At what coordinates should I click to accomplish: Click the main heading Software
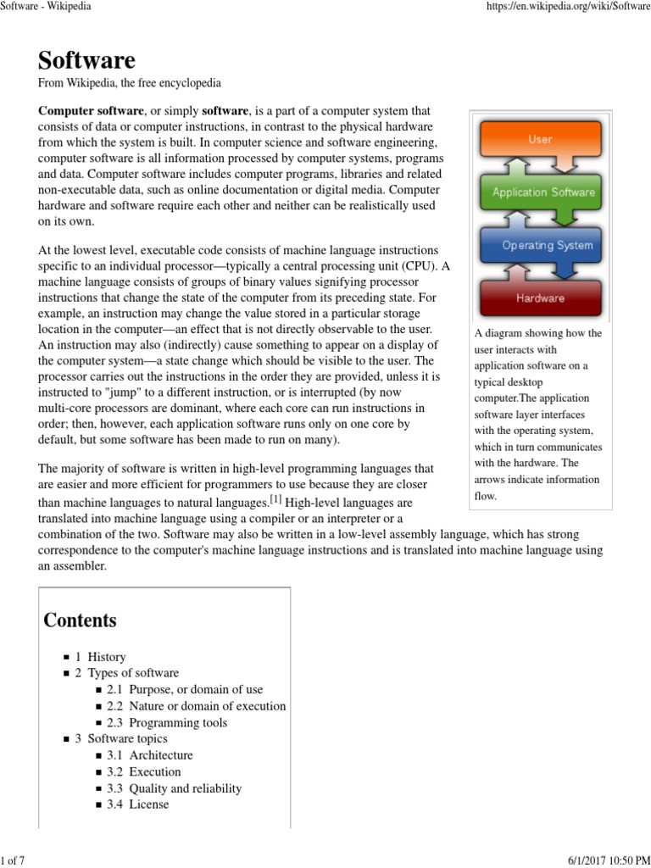click(x=86, y=60)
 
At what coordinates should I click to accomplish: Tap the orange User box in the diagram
click(x=540, y=140)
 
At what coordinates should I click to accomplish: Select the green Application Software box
click(x=542, y=192)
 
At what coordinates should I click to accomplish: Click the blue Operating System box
click(x=542, y=246)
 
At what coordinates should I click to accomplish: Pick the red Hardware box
click(x=540, y=298)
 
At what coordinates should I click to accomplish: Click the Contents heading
click(x=81, y=620)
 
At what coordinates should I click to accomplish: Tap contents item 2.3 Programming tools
click(x=167, y=723)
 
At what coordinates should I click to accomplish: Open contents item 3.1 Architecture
click(x=150, y=755)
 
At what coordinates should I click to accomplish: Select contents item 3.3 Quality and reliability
click(x=174, y=788)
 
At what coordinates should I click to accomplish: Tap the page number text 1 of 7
click(x=14, y=861)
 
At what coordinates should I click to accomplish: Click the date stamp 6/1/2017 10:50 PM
click(x=605, y=861)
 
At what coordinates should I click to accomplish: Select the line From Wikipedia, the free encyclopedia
click(x=130, y=84)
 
